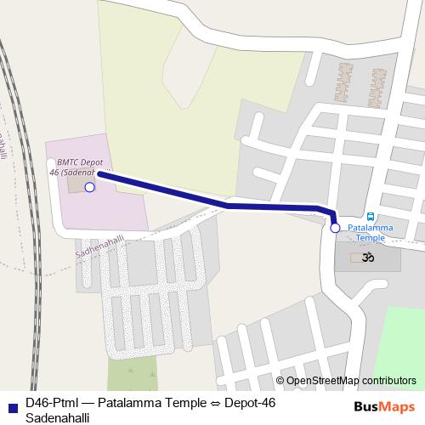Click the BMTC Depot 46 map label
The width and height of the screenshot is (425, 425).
coord(80,166)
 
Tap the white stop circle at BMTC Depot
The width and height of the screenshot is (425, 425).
coord(90,186)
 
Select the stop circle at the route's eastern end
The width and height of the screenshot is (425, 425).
coord(335,228)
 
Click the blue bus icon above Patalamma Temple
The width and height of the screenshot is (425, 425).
coord(370,217)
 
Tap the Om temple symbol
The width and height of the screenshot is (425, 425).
coord(369,257)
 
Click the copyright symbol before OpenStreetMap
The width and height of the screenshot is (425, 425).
coord(280,380)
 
